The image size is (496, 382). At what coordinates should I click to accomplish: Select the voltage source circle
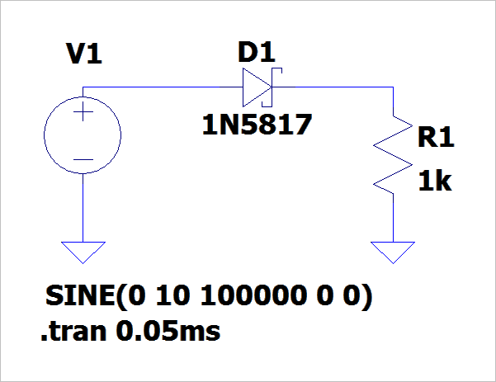point(83,135)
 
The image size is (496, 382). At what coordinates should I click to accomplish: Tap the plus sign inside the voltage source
point(83,116)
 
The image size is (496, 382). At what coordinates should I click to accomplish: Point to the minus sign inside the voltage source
point(83,158)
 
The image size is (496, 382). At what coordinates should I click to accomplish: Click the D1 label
point(256,53)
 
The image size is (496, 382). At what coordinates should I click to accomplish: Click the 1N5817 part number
point(257,126)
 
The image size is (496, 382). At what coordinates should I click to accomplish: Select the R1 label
point(436,138)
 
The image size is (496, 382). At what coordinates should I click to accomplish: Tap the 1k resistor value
point(434,182)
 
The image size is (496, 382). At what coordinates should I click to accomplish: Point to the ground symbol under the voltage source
point(83,250)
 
